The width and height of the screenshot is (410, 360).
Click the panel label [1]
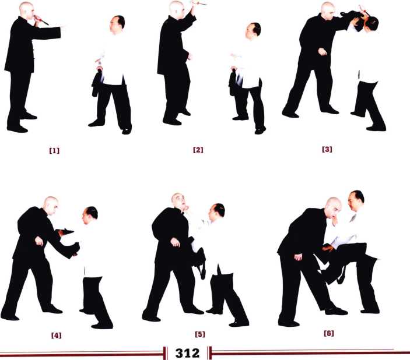pyautogui.click(x=54, y=151)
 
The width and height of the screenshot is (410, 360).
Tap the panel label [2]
pyautogui.click(x=198, y=150)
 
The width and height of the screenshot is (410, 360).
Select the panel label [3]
pyautogui.click(x=327, y=150)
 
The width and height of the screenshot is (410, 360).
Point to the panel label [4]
pyautogui.click(x=56, y=335)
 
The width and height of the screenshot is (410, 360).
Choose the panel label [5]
pyautogui.click(x=200, y=334)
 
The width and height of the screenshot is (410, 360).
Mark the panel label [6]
pyautogui.click(x=329, y=333)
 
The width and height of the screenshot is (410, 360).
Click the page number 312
pyautogui.click(x=187, y=353)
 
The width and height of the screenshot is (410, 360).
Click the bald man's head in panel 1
pyautogui.click(x=26, y=10)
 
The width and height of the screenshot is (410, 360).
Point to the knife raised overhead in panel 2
pyautogui.click(x=199, y=3)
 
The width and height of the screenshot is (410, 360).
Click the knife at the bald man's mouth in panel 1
pyautogui.click(x=41, y=20)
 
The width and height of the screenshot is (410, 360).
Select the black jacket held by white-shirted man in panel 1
pyautogui.click(x=97, y=84)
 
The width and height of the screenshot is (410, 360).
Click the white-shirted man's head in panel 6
pyautogui.click(x=356, y=200)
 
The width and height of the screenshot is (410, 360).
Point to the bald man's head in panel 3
pyautogui.click(x=328, y=11)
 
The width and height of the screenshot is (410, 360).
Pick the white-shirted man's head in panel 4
pyautogui.click(x=90, y=216)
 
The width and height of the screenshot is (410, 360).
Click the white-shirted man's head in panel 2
pyautogui.click(x=253, y=31)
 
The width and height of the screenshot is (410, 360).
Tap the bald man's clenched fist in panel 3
pyautogui.click(x=322, y=51)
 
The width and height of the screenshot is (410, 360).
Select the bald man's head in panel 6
pyautogui.click(x=333, y=208)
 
